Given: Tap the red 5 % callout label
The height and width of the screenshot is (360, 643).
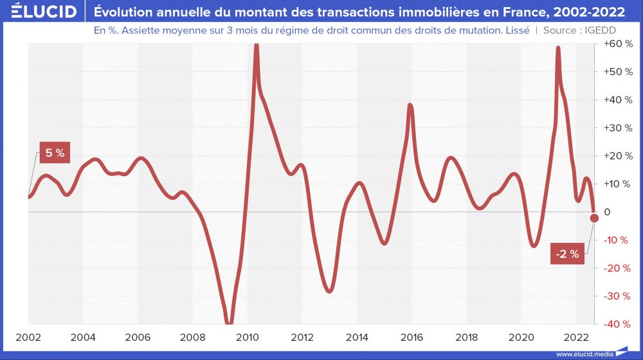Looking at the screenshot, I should (55, 153).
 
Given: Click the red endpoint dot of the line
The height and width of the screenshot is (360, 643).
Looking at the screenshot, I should (594, 218).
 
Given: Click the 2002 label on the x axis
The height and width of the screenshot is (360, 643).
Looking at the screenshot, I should (28, 337).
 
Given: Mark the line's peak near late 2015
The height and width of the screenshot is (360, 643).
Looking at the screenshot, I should (410, 105).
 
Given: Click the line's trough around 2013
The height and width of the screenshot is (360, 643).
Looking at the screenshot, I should (330, 291).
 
